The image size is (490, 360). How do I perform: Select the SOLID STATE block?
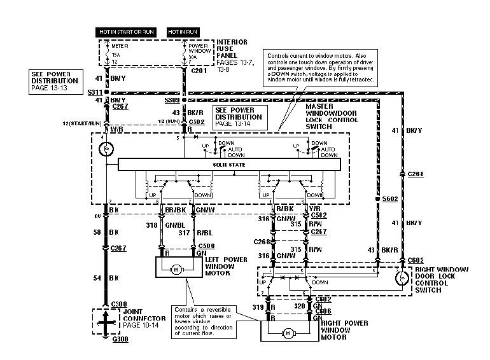tap(228, 165)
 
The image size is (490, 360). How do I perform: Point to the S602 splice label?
tap(389, 199)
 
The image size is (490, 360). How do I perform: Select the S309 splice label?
tap(172, 100)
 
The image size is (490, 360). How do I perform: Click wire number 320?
tap(298, 307)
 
